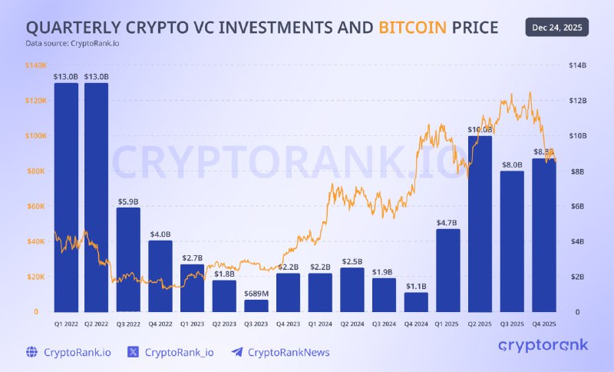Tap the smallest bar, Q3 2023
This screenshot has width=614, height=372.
tap(256, 305)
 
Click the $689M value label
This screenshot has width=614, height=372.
tap(256, 294)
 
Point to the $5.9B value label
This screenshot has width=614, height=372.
tap(128, 202)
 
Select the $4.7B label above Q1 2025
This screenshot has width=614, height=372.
tap(447, 224)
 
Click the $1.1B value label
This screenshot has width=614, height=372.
tap(415, 287)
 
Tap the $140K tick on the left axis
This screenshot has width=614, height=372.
tap(36, 65)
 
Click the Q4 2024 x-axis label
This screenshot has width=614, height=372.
tap(415, 324)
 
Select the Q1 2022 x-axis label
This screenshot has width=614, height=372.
tap(65, 324)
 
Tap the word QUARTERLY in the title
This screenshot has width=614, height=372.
tap(75, 28)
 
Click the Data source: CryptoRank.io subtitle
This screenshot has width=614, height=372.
tap(72, 43)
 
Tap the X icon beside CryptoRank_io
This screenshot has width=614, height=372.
tap(134, 352)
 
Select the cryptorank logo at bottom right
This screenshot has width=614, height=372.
tap(543, 345)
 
